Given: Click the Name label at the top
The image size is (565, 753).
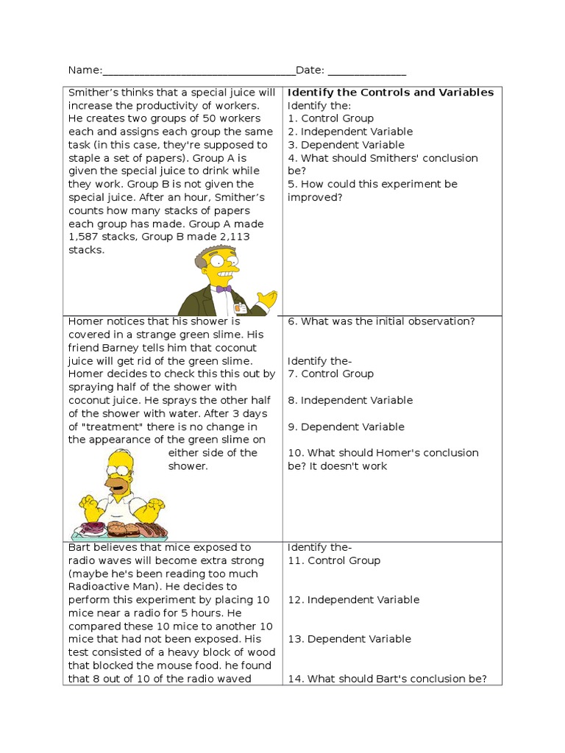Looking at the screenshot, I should (x=85, y=71).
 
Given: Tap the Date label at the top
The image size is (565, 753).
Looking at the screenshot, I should (x=310, y=71).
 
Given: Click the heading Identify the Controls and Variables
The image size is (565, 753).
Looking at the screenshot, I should (x=390, y=93).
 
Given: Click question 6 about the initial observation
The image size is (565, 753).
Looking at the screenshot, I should (x=381, y=321).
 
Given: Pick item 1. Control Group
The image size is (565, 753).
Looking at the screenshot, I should (x=330, y=118).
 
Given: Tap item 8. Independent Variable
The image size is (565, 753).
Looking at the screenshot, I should (x=349, y=401).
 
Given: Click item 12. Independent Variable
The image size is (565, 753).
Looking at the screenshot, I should (x=353, y=600).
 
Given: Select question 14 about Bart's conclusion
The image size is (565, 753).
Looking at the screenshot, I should (x=387, y=679).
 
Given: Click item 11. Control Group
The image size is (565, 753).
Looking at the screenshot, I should (x=334, y=561).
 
